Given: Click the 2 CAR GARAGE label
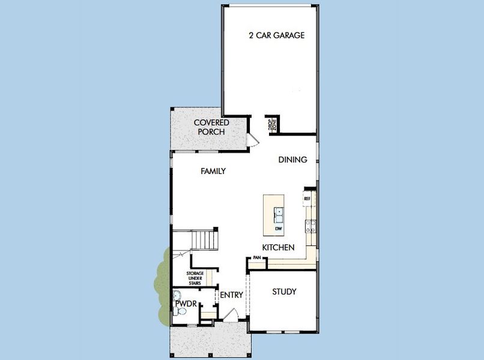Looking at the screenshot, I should click(277, 35).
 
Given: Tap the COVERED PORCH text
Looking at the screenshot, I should click(211, 127).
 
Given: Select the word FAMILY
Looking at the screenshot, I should click(213, 171).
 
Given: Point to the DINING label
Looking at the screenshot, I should click(292, 160).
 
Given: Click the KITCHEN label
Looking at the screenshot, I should click(278, 247).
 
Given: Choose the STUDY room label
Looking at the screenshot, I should click(284, 292).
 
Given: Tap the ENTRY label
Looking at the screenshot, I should click(231, 295).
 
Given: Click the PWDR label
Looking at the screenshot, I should click(183, 304).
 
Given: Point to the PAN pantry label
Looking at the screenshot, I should click(256, 258).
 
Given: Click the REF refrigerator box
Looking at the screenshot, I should click(307, 198).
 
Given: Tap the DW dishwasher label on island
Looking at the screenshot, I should click(279, 229).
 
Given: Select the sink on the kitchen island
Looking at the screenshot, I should click(279, 212).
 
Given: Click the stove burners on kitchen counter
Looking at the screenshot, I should click(312, 226).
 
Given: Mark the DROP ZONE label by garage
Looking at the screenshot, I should click(271, 125).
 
